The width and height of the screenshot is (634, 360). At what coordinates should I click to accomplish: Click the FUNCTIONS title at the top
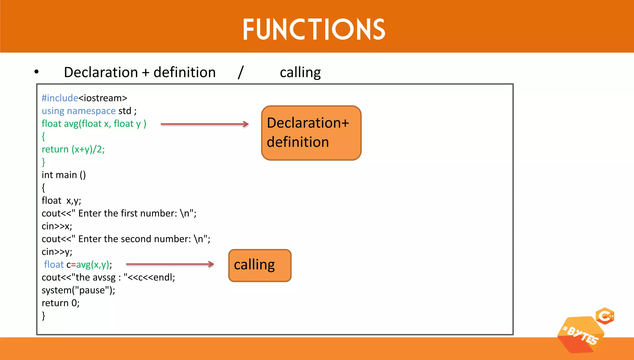pos(314,29)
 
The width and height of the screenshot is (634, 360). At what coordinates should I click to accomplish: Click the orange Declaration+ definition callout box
pos(311,133)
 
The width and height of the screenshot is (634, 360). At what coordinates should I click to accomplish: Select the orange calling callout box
pos(260,265)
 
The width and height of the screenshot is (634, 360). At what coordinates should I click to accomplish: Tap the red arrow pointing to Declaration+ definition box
pos(204,124)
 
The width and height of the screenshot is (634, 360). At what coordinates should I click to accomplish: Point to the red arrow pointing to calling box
pos(170,264)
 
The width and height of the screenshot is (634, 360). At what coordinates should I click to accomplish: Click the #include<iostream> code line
pos(84,98)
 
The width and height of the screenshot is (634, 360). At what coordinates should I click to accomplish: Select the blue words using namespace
pos(79,111)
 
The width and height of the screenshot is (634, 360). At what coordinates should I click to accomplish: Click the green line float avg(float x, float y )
pos(94,124)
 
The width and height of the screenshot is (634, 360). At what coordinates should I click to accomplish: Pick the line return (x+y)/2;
pos(73,150)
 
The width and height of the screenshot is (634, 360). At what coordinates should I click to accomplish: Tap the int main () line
pos(63,175)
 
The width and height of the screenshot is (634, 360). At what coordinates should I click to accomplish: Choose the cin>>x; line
pos(57,226)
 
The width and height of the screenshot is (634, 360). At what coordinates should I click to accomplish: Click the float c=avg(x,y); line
pos(78,265)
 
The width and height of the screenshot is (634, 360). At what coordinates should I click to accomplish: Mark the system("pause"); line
pos(78,290)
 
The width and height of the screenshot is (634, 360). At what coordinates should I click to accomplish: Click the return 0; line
pos(60,303)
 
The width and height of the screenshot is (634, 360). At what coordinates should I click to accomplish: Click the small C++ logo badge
pos(605,316)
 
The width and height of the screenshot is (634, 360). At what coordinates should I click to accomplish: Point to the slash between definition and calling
pos(241,72)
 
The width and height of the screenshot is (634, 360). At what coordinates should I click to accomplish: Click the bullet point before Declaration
pos(37,72)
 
